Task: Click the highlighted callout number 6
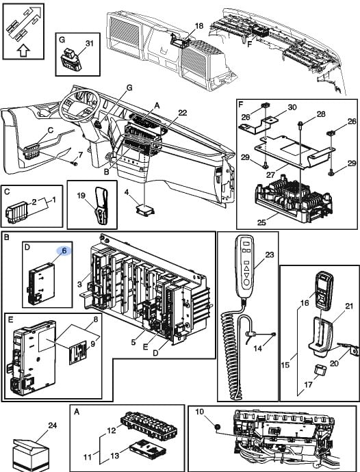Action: tap(64, 250)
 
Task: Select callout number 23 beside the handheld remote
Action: tap(269, 255)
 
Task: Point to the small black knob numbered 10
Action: tap(216, 427)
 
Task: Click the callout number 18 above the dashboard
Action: tap(199, 25)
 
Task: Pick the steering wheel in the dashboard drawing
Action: tap(79, 106)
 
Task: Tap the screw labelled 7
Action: tap(75, 163)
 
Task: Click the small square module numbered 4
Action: tap(146, 209)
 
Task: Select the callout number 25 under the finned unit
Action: tap(261, 222)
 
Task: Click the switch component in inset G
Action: tap(71, 61)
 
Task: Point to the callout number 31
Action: tap(89, 43)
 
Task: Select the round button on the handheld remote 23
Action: tap(246, 283)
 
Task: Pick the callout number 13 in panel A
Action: tap(115, 456)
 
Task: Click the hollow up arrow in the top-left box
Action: tap(23, 51)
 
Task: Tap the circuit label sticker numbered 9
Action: tap(78, 354)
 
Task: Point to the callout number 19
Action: tap(81, 196)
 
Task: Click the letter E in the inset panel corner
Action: tap(10, 319)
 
